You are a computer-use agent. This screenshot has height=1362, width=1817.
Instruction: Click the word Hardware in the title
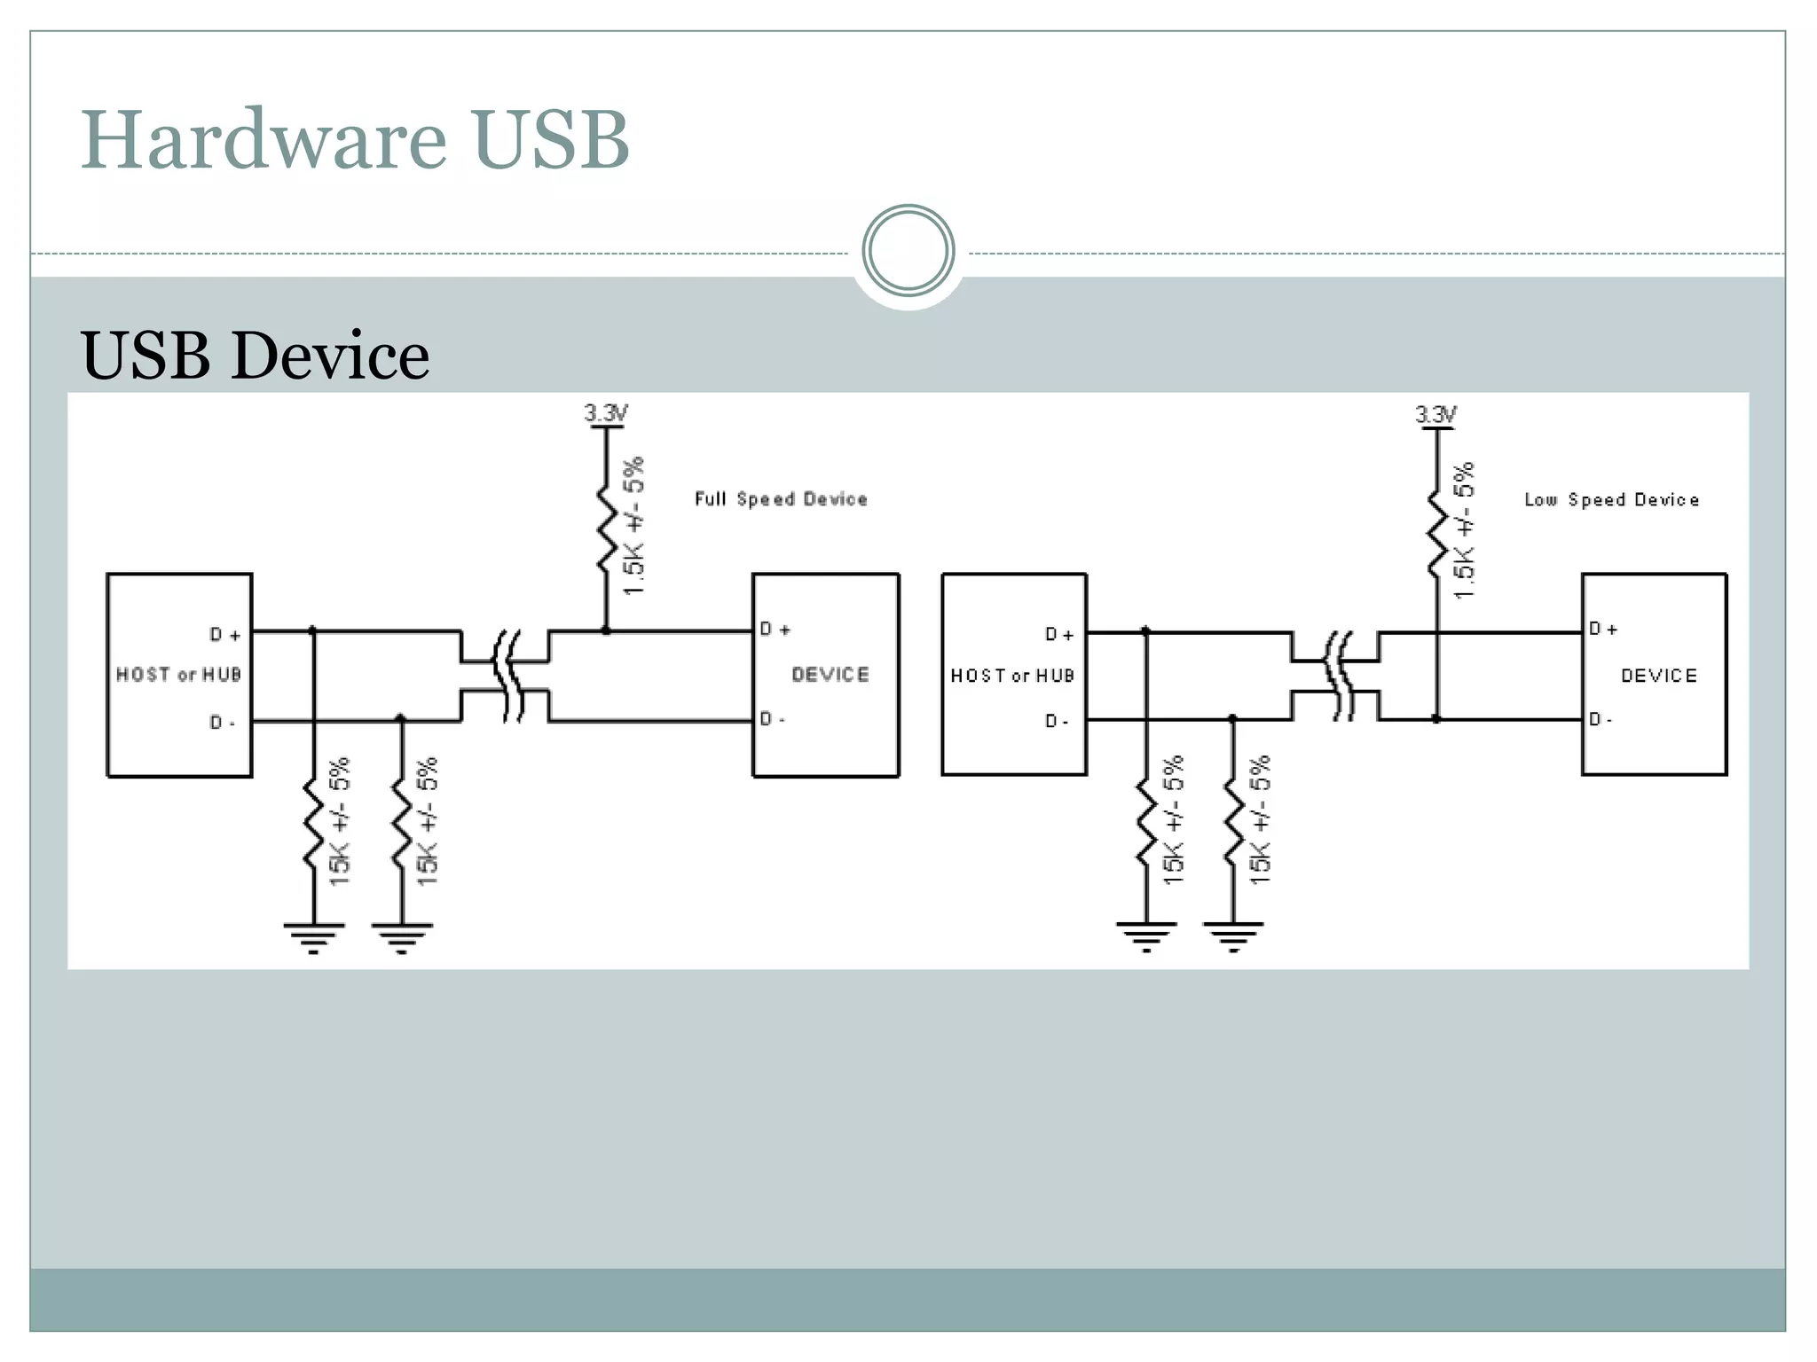pyautogui.click(x=264, y=139)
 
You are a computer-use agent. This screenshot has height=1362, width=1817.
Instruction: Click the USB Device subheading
pyautogui.click(x=255, y=356)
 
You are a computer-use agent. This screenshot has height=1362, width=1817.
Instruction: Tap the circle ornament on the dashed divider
pyautogui.click(x=908, y=251)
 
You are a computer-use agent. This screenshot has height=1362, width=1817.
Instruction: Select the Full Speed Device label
pyautogui.click(x=781, y=499)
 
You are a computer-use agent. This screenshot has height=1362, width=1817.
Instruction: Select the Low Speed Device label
pyautogui.click(x=1611, y=500)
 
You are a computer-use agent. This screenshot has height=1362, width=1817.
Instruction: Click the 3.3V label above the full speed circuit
pyautogui.click(x=606, y=413)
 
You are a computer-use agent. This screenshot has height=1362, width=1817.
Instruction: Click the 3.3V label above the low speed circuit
pyautogui.click(x=1436, y=414)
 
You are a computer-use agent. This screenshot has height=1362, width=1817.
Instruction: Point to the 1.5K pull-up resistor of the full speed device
pyautogui.click(x=607, y=529)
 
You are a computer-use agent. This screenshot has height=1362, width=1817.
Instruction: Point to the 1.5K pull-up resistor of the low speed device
pyautogui.click(x=1436, y=532)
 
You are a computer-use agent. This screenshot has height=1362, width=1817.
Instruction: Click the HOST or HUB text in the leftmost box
pyautogui.click(x=178, y=675)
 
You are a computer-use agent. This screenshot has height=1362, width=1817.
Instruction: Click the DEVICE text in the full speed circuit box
pyautogui.click(x=830, y=675)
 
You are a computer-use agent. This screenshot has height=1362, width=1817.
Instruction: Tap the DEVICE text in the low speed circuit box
pyautogui.click(x=1658, y=676)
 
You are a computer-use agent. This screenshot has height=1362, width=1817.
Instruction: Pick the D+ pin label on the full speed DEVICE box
pyautogui.click(x=775, y=630)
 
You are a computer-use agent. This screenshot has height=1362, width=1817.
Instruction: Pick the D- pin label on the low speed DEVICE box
pyautogui.click(x=1601, y=719)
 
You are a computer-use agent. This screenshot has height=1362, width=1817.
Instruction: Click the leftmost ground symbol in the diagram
pyautogui.click(x=313, y=935)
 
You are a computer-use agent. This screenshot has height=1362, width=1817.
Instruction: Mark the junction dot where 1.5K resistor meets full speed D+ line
pyautogui.click(x=606, y=630)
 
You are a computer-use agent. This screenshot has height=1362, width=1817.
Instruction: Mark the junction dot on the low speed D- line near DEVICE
pyautogui.click(x=1436, y=719)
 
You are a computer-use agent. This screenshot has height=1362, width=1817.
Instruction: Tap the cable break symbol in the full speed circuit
pyautogui.click(x=507, y=676)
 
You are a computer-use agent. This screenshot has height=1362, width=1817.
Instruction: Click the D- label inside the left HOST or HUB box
pyautogui.click(x=222, y=723)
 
